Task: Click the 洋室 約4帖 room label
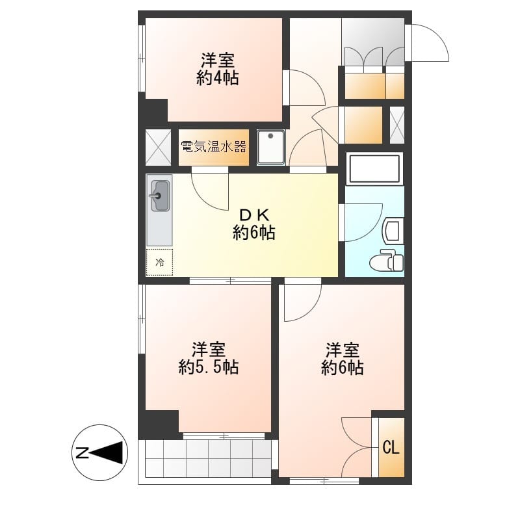pyautogui.click(x=218, y=70)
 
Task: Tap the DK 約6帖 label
pyautogui.click(x=253, y=224)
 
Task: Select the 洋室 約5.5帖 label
pyautogui.click(x=209, y=359)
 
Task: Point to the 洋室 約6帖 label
pyautogui.click(x=343, y=359)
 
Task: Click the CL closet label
pyautogui.click(x=391, y=448)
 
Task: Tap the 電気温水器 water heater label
pyautogui.click(x=214, y=146)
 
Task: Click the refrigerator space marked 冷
pyautogui.click(x=159, y=263)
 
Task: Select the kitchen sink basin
pyautogui.click(x=160, y=196)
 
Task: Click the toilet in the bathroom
pyautogui.click(x=387, y=261)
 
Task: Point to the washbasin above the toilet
pyautogui.click(x=393, y=231)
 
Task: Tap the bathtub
pyautogui.click(x=375, y=169)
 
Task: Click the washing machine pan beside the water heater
pyautogui.click(x=271, y=148)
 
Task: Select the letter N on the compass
pyautogui.click(x=83, y=452)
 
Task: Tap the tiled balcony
pyautogui.click(x=208, y=458)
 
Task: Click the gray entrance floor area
pyautogui.click(x=373, y=42)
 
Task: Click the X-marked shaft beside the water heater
pyautogui.click(x=158, y=148)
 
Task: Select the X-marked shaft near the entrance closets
pyautogui.click(x=397, y=125)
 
